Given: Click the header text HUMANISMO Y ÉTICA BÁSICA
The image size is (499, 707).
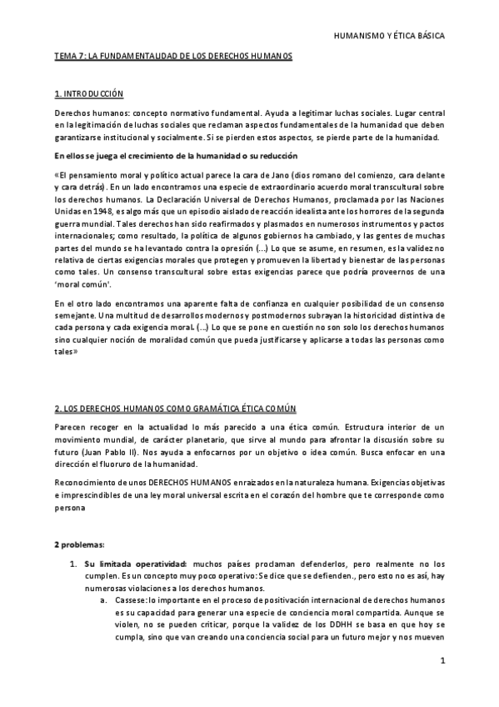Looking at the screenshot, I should point(388,37).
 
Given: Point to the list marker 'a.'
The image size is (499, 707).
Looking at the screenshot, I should point(103,599).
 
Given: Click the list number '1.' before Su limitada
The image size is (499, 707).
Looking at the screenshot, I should point(74,564).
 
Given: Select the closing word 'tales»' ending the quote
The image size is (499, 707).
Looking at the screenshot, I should point(66,351).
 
